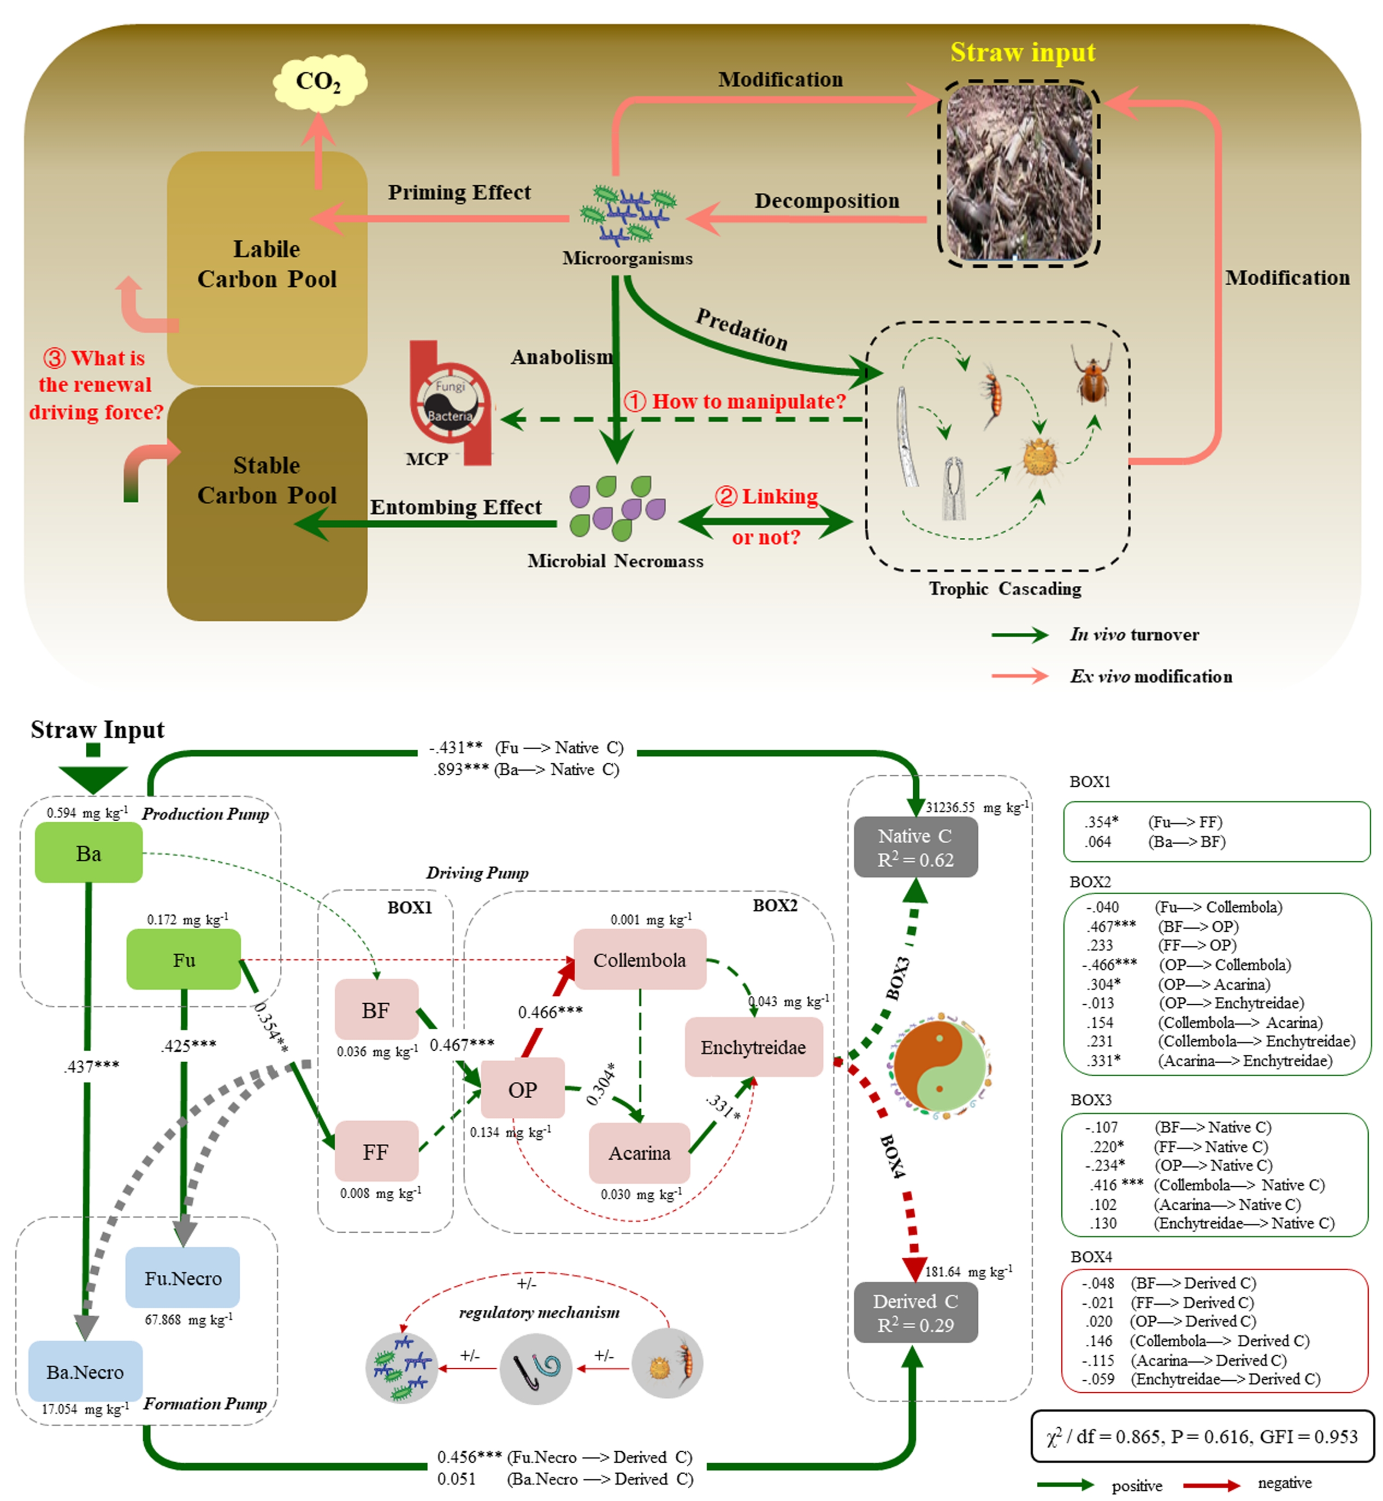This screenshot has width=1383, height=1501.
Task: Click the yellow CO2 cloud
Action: point(319,81)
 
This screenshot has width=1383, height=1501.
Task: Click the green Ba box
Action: point(89,853)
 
